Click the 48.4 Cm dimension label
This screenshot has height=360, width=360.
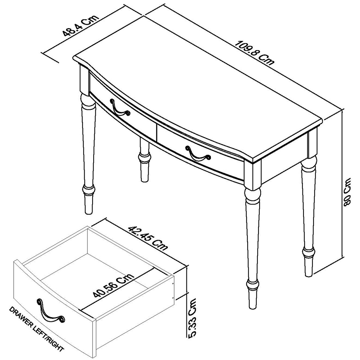[81, 26]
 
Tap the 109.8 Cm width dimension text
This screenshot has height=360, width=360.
[255, 53]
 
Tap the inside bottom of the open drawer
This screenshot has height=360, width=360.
[108, 284]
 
